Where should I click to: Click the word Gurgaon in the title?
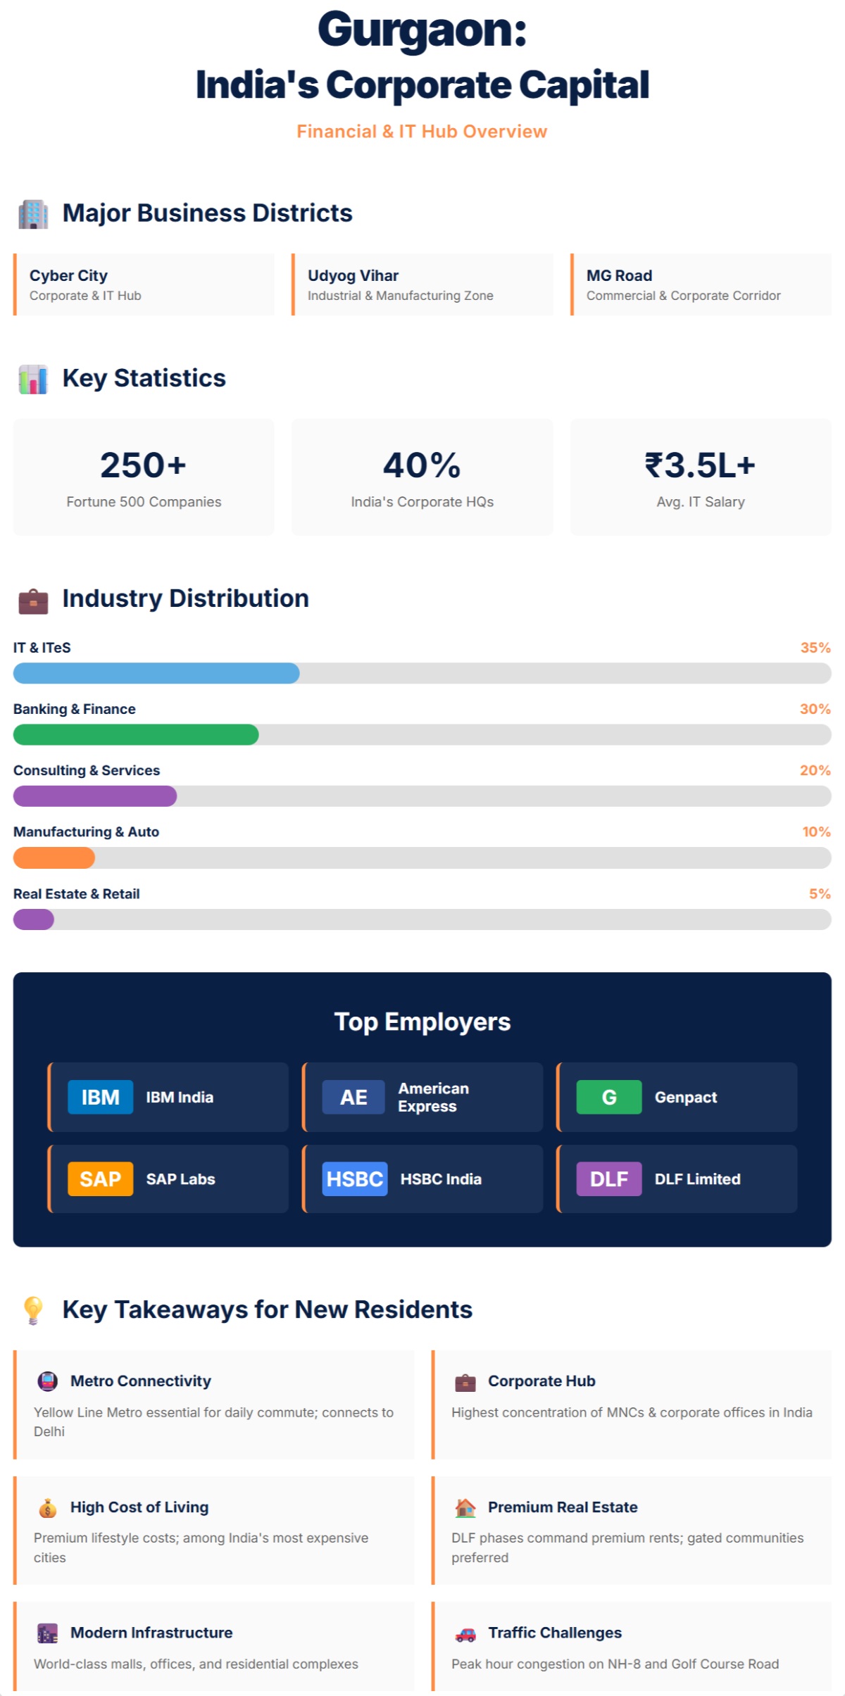(421, 31)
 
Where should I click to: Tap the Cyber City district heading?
(68, 275)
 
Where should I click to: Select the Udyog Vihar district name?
(353, 275)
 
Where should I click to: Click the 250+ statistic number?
(143, 465)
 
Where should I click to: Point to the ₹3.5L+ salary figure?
(700, 465)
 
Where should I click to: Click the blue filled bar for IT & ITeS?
(156, 673)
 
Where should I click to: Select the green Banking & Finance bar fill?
(136, 734)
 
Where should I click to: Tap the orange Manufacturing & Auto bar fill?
(54, 858)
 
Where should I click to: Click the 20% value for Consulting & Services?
(815, 770)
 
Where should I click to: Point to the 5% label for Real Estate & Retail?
(820, 893)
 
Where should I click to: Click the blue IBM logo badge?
(100, 1097)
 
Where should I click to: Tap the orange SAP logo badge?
(100, 1179)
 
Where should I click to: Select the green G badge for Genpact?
(608, 1097)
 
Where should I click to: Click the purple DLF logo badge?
(608, 1179)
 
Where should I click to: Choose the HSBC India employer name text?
(441, 1179)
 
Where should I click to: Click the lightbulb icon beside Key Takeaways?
(33, 1310)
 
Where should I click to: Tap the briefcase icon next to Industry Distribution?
(33, 601)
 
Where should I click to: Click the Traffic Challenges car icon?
(465, 1634)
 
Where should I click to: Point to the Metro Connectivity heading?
(140, 1381)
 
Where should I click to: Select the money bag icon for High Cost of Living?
(47, 1508)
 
